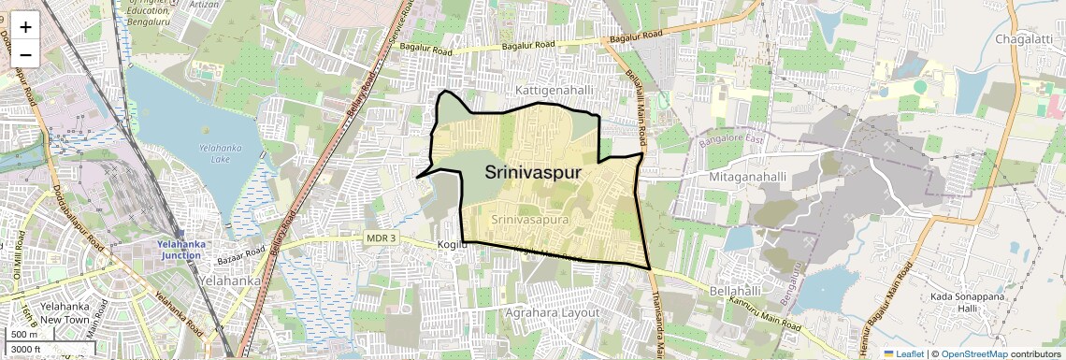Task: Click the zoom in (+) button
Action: (25, 27)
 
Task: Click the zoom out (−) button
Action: (25, 53)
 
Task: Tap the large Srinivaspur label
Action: (533, 173)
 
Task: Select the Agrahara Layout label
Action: (552, 312)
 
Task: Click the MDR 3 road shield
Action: (381, 238)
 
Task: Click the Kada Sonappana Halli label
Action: (968, 302)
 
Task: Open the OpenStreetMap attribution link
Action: (973, 353)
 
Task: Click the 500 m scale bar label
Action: (24, 334)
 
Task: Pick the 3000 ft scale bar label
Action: (27, 349)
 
